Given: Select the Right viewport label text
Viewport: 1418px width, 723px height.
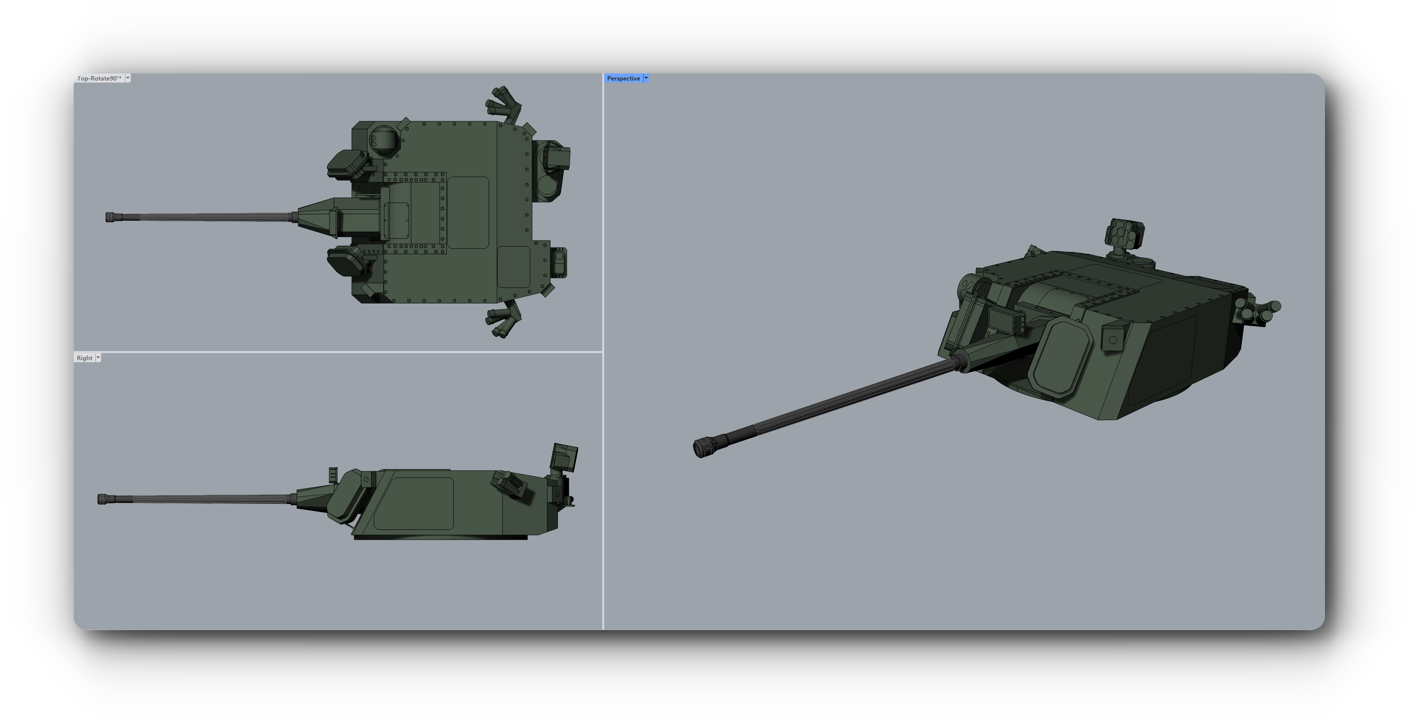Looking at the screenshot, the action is point(84,358).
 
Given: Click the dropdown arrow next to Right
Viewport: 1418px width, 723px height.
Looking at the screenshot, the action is point(98,358).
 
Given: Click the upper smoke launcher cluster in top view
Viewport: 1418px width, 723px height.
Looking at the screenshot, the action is point(502,103).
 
